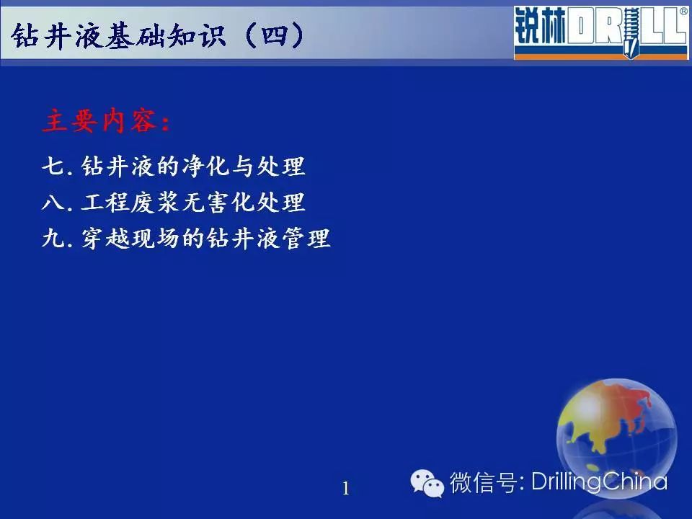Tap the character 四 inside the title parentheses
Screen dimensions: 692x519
274,35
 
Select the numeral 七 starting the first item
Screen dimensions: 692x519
53,167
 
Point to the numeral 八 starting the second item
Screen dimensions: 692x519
53,203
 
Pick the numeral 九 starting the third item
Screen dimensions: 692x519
53,239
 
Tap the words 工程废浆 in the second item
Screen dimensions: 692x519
130,203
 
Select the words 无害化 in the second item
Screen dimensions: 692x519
219,203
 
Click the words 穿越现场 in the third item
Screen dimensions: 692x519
130,239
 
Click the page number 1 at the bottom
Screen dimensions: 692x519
346,489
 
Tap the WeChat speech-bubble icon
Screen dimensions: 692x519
427,483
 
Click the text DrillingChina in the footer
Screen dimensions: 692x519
599,481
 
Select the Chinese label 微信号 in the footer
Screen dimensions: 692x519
483,482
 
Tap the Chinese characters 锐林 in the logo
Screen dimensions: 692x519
540,27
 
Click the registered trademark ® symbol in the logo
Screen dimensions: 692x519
683,12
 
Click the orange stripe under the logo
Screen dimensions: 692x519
601,56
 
